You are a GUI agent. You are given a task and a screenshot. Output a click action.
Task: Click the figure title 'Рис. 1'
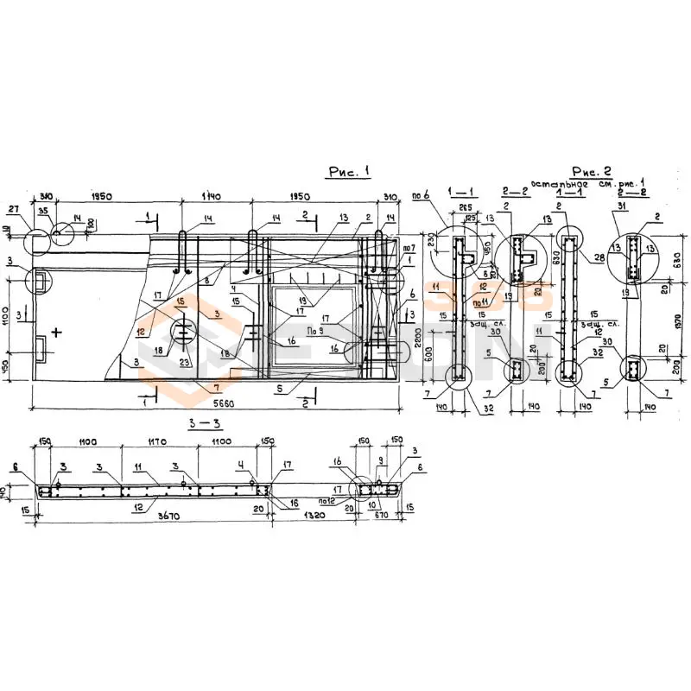348,173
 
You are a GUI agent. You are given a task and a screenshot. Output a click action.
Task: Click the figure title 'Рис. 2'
591,171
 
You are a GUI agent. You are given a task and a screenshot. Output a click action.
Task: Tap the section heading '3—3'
198,423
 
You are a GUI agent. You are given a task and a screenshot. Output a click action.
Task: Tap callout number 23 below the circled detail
185,363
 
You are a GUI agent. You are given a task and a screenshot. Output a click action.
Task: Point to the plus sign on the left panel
56,331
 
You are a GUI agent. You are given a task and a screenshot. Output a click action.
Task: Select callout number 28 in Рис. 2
600,258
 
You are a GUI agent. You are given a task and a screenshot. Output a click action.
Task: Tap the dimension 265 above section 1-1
466,207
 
